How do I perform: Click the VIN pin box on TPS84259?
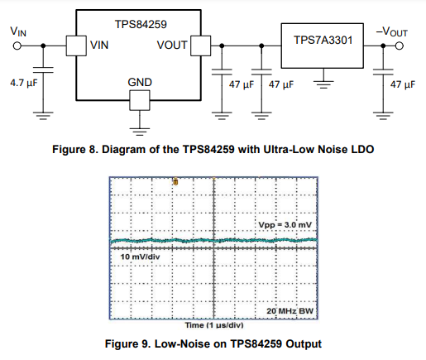point(76,46)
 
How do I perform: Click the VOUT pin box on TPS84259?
point(201,46)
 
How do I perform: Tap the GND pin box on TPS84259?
point(140,100)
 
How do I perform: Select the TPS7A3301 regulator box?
point(323,46)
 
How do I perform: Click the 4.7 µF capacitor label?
point(24,83)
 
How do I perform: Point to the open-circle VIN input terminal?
point(17,46)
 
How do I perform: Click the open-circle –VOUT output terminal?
point(400,46)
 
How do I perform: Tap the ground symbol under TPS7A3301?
point(323,84)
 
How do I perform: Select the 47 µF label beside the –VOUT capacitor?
point(403,84)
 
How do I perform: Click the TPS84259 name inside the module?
point(141,24)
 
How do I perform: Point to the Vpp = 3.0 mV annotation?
point(285,225)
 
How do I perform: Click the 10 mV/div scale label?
point(140,257)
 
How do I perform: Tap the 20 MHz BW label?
point(290,311)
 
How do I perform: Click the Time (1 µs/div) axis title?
point(214,325)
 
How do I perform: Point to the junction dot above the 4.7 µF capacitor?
point(43,46)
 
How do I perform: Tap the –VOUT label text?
point(391,32)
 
